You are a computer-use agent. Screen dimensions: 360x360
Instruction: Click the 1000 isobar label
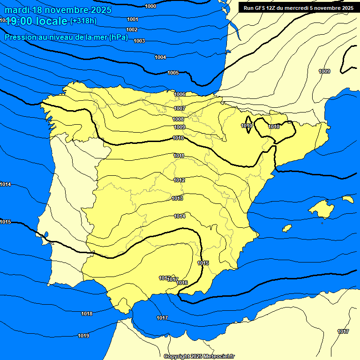pyautogui.click(x=151, y=6)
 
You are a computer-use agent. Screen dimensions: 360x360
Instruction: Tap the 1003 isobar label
pyautogui.click(x=139, y=41)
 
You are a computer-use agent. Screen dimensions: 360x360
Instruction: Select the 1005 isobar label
pyautogui.click(x=173, y=73)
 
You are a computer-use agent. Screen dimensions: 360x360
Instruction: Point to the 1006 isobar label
pyautogui.click(x=180, y=94)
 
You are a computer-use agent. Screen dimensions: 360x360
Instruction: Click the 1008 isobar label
pyautogui.click(x=178, y=120)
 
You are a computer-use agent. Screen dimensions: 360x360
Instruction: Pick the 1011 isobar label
pyautogui.click(x=179, y=156)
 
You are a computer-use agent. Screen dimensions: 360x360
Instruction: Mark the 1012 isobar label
pyautogui.click(x=179, y=180)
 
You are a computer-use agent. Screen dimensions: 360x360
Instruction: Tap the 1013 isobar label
pyautogui.click(x=177, y=198)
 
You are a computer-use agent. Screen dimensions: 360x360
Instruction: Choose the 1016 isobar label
pyautogui.click(x=182, y=283)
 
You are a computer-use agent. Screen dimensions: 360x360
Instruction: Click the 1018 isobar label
pyautogui.click(x=87, y=314)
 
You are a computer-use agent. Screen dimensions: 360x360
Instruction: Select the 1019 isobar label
pyautogui.click(x=83, y=336)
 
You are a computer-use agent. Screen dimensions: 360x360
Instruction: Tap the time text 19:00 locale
pyautogui.click(x=37, y=21)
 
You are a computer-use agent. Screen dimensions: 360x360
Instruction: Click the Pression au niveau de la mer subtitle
pyautogui.click(x=66, y=37)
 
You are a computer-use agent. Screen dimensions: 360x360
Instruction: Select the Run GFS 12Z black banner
pyautogui.click(x=297, y=7)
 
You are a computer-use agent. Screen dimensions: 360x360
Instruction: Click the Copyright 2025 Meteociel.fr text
pyautogui.click(x=199, y=356)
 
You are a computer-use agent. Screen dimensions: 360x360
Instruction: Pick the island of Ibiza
pyautogui.click(x=287, y=228)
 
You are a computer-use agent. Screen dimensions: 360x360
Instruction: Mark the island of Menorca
pyautogui.click(x=348, y=199)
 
